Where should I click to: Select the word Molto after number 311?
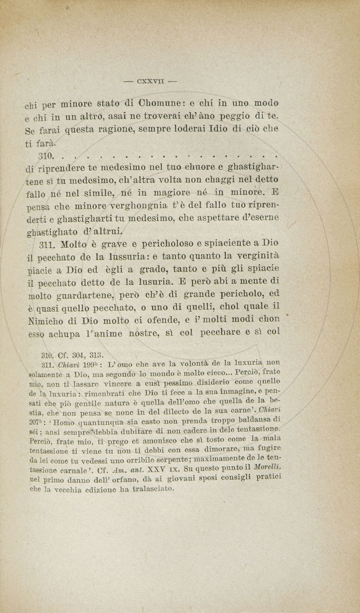(72, 243)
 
